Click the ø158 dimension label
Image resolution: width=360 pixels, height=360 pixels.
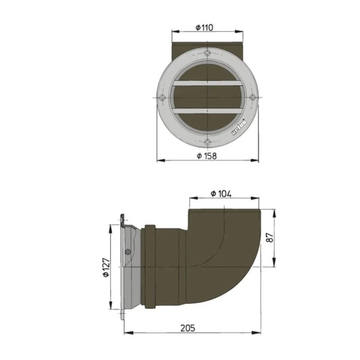coord(207,156)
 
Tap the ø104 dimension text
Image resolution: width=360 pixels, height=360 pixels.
coord(221,193)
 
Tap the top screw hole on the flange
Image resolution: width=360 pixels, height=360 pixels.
coord(207,53)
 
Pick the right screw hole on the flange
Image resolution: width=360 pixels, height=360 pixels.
coord(252,98)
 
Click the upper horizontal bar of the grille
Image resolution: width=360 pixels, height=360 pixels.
coord(207,83)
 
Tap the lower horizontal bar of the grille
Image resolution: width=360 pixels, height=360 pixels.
coord(207,111)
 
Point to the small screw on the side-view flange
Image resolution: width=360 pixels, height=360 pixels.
coord(129,252)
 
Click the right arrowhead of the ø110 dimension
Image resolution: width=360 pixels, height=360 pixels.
coord(241,31)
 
